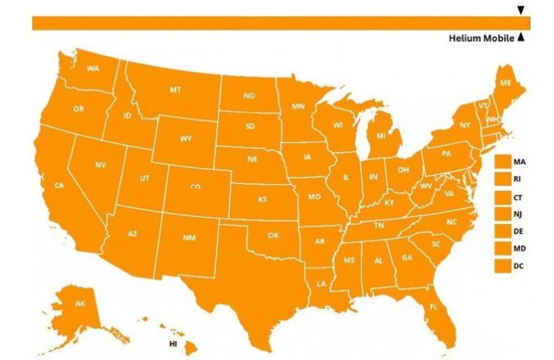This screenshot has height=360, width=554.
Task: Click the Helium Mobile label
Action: point(481,38)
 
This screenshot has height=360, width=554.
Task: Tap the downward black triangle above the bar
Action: point(520,11)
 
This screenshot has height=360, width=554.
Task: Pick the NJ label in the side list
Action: point(518,214)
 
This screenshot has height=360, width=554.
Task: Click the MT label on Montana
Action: point(175,89)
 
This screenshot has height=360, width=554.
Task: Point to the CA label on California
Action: point(59,186)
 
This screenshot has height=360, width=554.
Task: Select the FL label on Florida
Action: point(434,307)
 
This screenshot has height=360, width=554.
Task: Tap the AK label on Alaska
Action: point(80,304)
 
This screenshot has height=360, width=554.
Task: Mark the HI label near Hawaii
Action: point(173,344)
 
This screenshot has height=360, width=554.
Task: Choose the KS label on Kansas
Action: point(263,199)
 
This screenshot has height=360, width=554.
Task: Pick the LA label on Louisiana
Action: point(321,283)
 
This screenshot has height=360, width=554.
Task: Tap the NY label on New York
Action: point(465,126)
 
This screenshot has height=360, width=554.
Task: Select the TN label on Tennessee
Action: point(380,225)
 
